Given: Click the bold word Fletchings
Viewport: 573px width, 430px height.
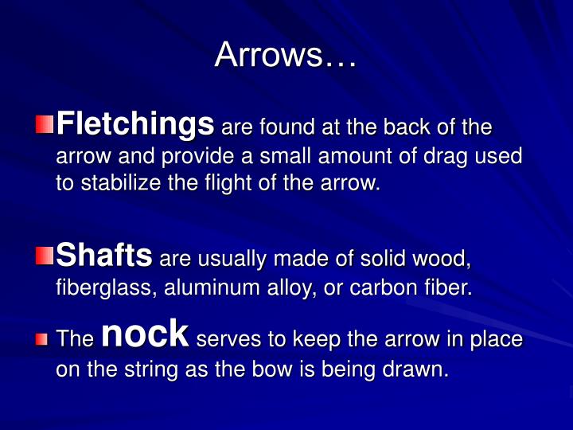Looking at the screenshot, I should tap(136, 124).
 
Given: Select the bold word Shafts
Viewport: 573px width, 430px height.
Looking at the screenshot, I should tap(105, 255).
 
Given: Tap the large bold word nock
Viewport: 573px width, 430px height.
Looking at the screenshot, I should tap(145, 334).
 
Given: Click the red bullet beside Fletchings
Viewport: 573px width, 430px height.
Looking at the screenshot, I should tap(45, 124).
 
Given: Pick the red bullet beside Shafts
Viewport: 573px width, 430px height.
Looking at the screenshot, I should tap(45, 256).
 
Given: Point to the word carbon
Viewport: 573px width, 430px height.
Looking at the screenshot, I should tap(376, 287).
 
